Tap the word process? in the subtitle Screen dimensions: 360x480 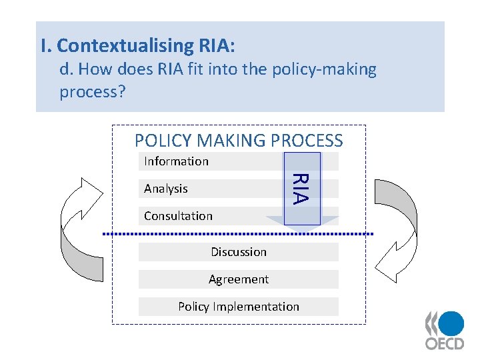point(92,91)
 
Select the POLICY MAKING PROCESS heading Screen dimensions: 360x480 point(239,141)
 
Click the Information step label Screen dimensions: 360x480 point(176,161)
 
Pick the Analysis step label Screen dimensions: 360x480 point(165,189)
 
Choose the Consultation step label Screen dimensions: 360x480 point(178,216)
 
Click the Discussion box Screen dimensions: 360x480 point(239,252)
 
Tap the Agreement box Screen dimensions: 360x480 point(239,279)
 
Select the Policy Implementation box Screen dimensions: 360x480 point(239,307)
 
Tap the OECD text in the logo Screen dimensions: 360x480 point(445,344)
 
